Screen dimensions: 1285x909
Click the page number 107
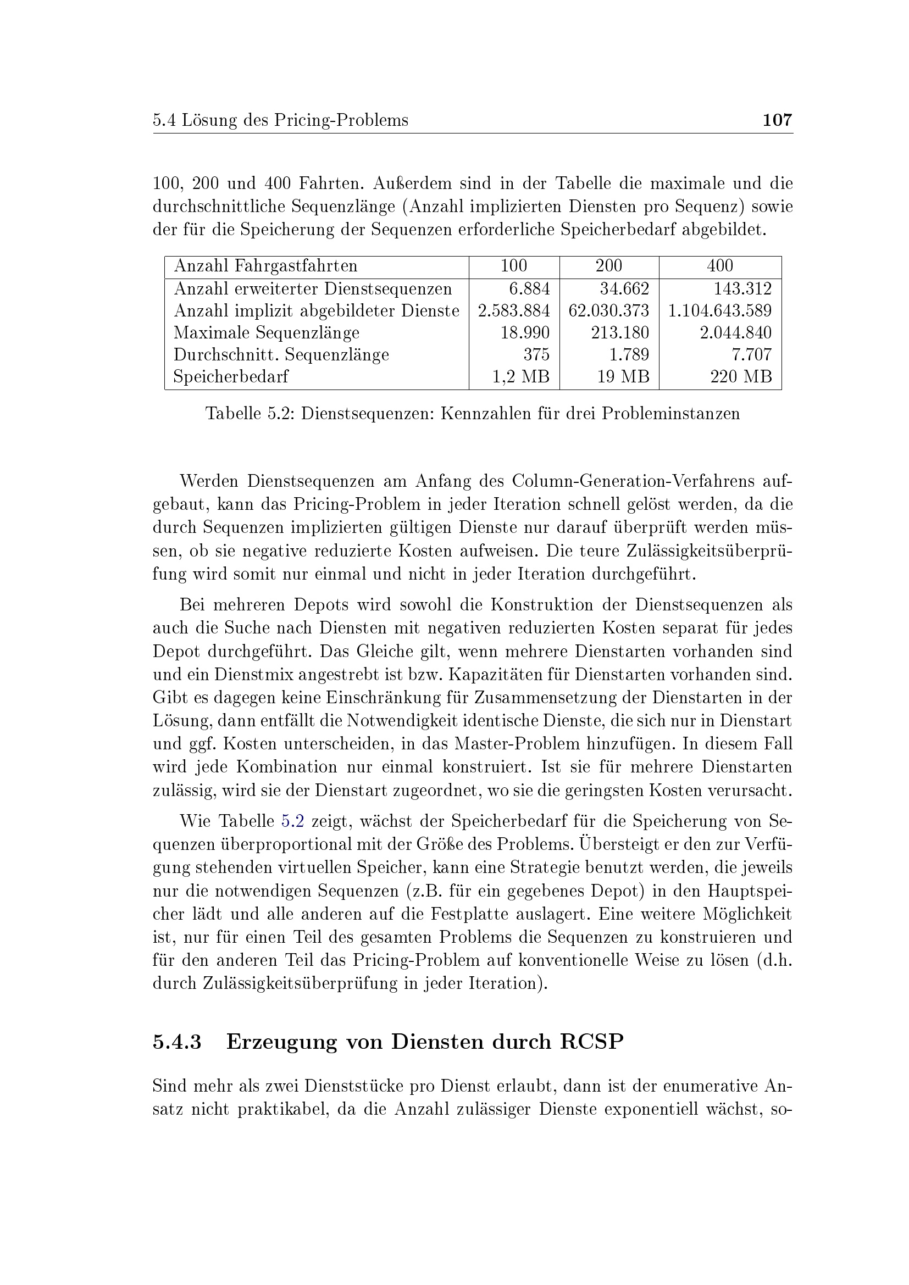tap(778, 120)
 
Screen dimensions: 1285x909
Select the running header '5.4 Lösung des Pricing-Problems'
tap(280, 120)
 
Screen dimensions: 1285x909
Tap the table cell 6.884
tap(529, 289)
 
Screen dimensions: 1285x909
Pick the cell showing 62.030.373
tap(608, 310)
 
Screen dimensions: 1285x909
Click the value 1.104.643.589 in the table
tap(720, 310)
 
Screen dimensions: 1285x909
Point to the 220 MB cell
tap(741, 377)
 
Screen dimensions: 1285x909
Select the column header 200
tap(608, 266)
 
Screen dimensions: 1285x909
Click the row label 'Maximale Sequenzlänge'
tap(267, 333)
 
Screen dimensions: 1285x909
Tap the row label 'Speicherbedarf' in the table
tap(231, 377)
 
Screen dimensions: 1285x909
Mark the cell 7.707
tap(752, 355)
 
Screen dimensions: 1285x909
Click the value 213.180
tap(620, 333)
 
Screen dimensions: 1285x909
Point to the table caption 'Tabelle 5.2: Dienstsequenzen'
tap(473, 414)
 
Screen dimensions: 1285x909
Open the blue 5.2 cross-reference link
tap(292, 821)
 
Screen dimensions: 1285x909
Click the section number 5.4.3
tap(177, 1042)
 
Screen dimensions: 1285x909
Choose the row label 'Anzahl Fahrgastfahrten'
tap(265, 266)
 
